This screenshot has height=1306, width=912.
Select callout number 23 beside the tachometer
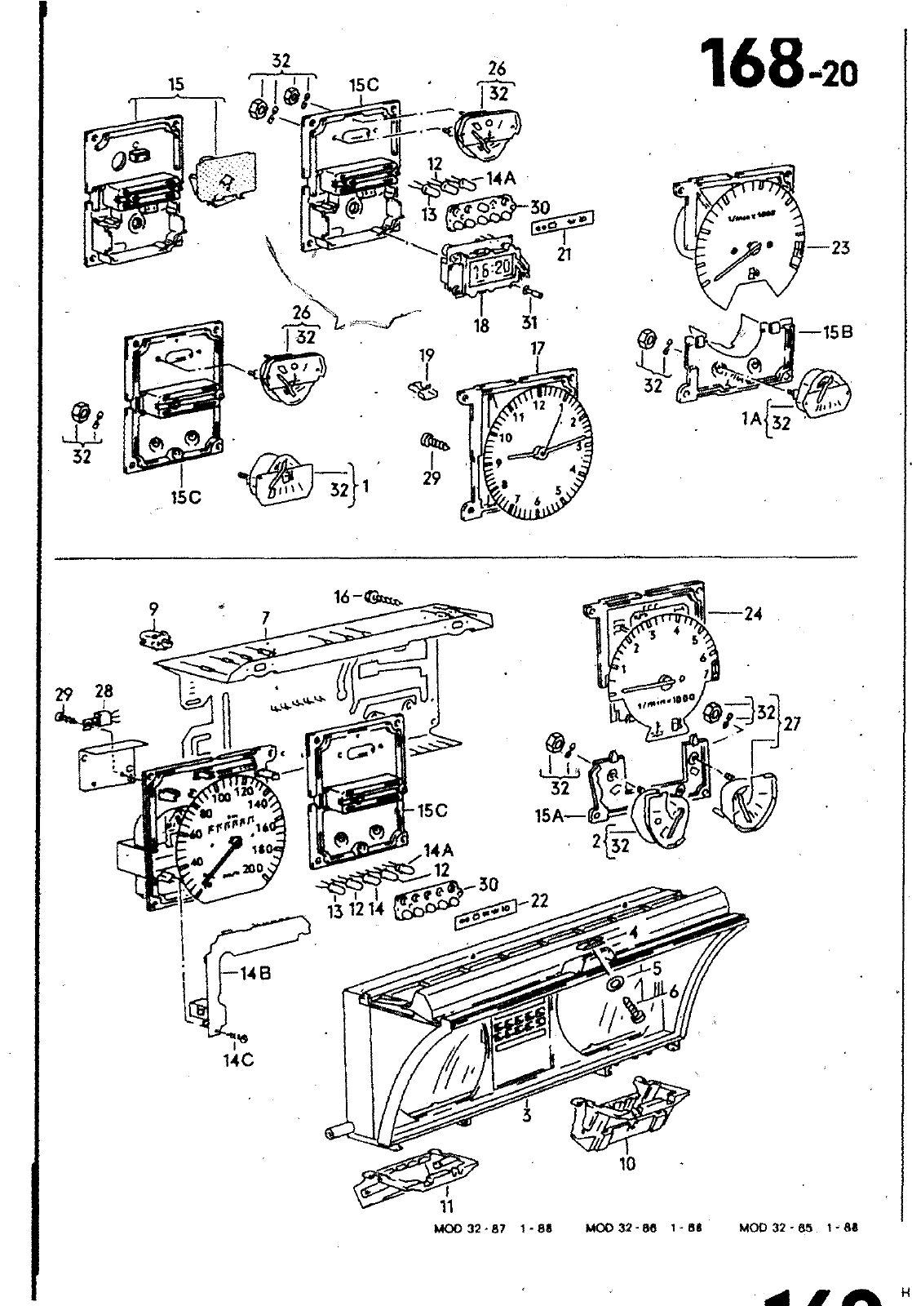coord(839,247)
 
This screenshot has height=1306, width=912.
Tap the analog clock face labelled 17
coord(536,453)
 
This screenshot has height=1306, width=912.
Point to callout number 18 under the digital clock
coord(481,324)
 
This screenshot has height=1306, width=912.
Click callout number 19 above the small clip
coord(426,355)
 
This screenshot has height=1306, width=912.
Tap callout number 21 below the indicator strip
coord(563,254)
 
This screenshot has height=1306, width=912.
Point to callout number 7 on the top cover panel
coord(267,620)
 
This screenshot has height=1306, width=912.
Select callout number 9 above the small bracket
coord(153,608)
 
